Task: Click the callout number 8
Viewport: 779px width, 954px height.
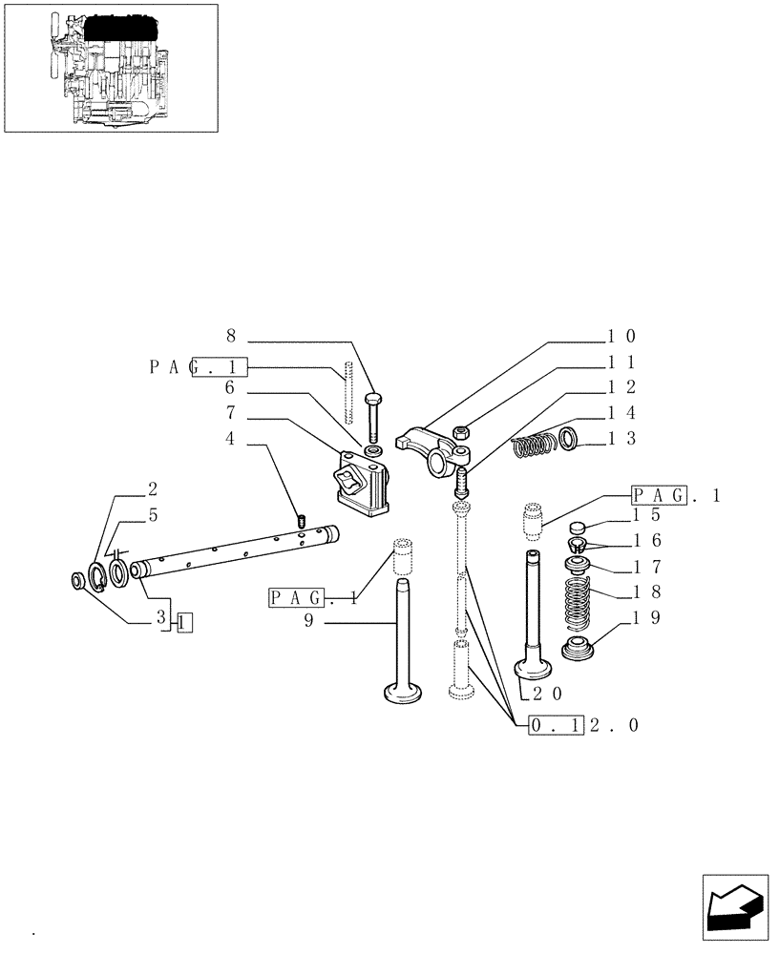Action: (x=230, y=336)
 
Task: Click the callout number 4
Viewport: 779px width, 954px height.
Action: (x=230, y=440)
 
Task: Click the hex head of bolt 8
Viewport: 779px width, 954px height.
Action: (x=372, y=399)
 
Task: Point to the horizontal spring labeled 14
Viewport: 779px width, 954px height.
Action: (x=534, y=445)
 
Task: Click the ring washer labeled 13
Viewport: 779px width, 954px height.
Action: (x=568, y=439)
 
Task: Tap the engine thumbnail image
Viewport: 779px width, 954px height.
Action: (x=110, y=68)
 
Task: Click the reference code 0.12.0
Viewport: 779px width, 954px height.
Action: (x=582, y=726)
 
